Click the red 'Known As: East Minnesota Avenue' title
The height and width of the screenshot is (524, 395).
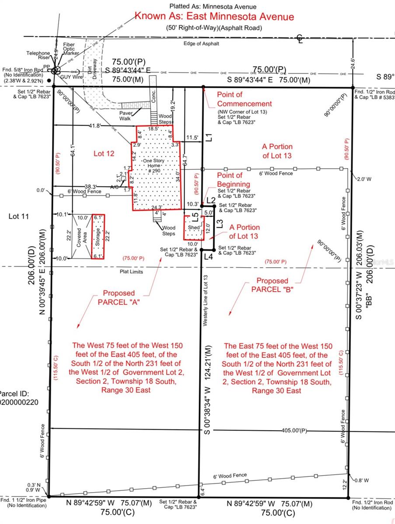(x=214, y=17)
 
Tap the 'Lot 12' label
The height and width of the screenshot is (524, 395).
(x=103, y=153)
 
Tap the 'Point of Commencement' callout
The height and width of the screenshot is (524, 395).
(x=244, y=99)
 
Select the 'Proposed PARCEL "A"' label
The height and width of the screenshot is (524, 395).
(x=119, y=297)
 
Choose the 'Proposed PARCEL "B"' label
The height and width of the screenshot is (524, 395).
(x=272, y=285)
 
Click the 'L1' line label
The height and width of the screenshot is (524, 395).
(x=209, y=137)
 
